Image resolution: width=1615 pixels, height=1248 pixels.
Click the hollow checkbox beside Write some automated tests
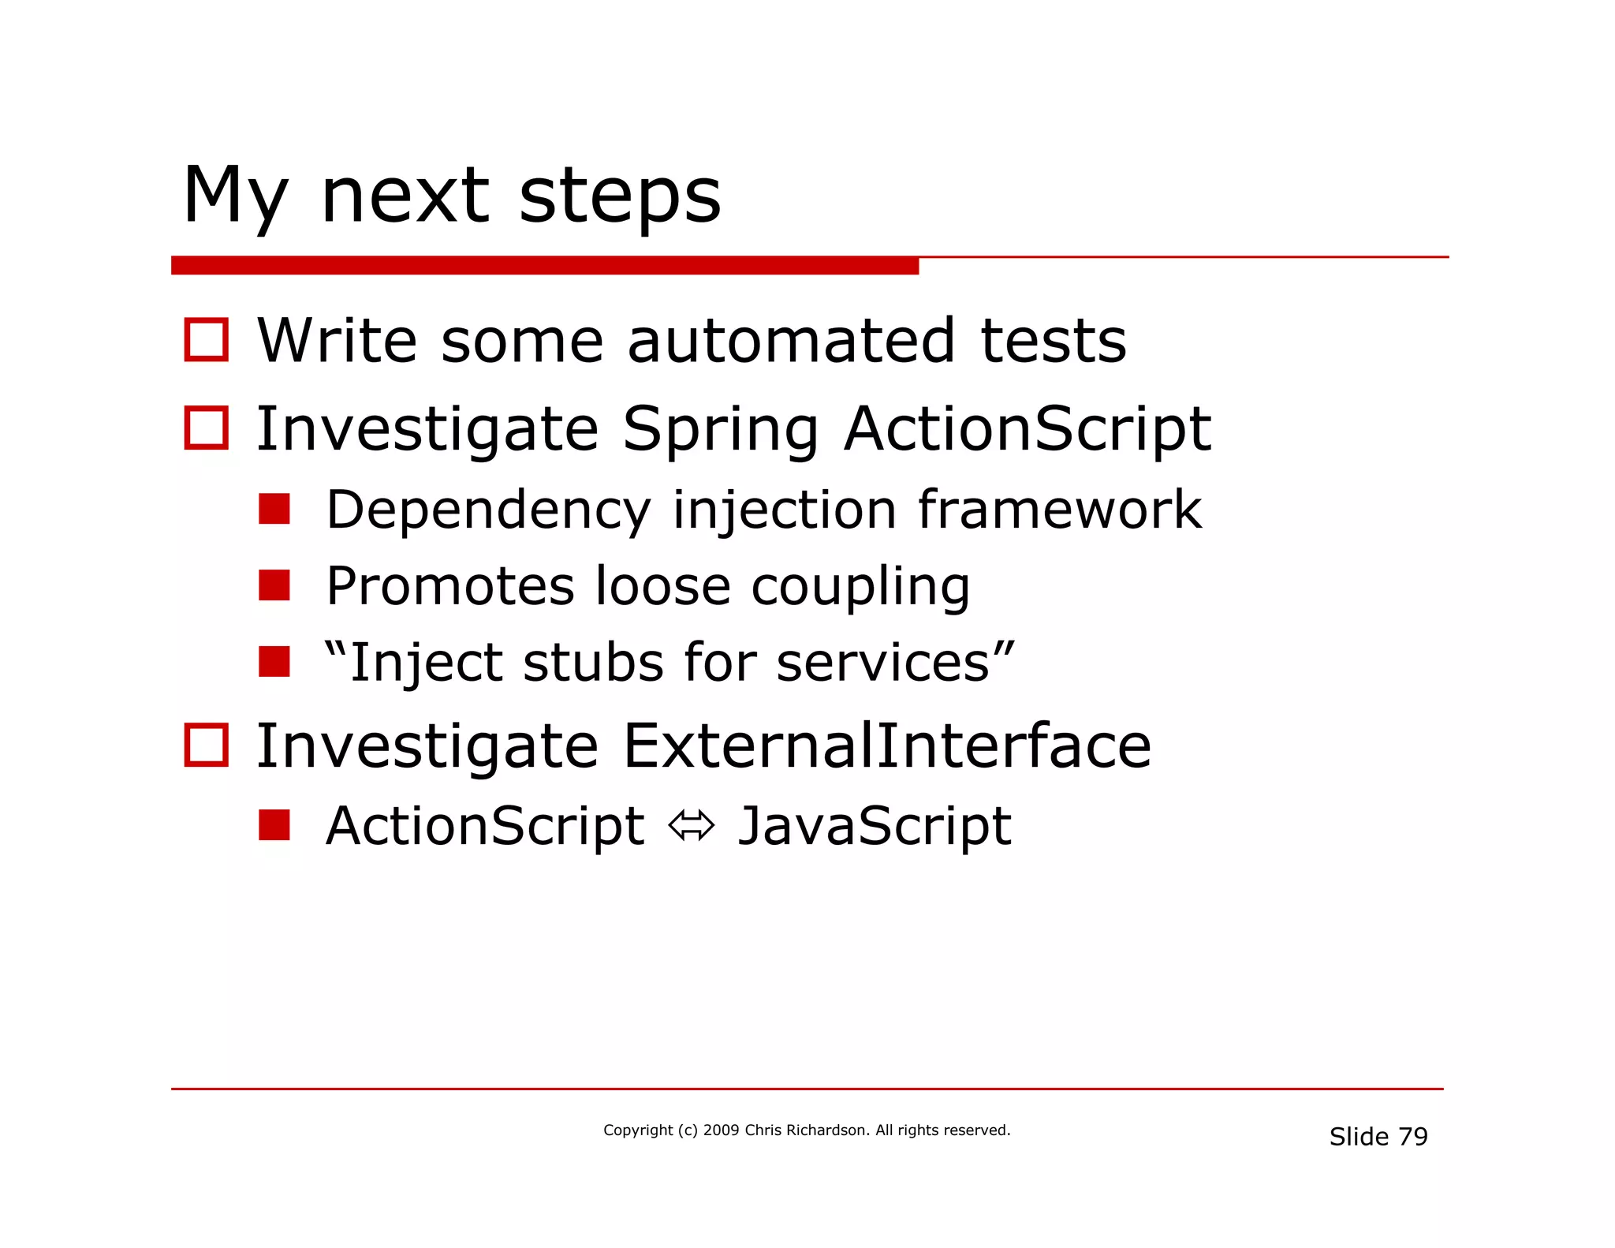[x=207, y=340]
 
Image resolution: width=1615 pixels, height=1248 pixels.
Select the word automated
[x=791, y=341]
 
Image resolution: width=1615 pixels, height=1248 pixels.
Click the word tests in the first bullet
[x=1053, y=341]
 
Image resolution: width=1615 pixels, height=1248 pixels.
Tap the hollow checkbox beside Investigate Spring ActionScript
[x=207, y=428]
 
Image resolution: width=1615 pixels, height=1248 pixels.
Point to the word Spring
[x=720, y=431]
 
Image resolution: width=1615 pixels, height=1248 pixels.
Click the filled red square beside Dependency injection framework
[x=274, y=510]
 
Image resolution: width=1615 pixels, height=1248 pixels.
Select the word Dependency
[x=488, y=511]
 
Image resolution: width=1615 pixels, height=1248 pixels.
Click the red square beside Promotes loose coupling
[x=274, y=585]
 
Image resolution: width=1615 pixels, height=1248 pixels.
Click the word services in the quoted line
[x=882, y=662]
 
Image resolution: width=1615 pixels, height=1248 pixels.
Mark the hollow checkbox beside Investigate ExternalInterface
[x=207, y=745]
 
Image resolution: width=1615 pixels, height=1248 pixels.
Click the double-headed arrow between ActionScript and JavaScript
[x=691, y=826]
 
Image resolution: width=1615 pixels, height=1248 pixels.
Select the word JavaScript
[x=874, y=826]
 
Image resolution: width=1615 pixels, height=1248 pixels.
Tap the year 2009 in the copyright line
[x=721, y=1130]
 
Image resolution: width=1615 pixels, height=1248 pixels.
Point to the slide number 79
[x=1412, y=1137]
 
